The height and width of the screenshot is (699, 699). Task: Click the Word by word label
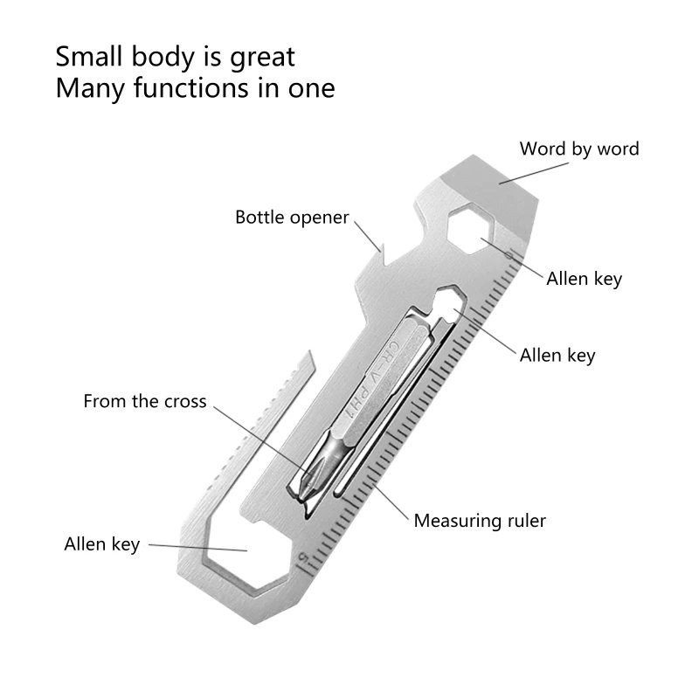(579, 149)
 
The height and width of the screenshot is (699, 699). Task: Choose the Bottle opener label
(292, 217)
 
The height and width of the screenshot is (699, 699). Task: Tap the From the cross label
(145, 402)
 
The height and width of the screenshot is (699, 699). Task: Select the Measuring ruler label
(480, 521)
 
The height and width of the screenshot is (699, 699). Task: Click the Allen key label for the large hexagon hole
(584, 280)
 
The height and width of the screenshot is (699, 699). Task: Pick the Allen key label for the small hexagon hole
(557, 355)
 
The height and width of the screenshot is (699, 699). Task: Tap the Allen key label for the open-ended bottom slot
(102, 544)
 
